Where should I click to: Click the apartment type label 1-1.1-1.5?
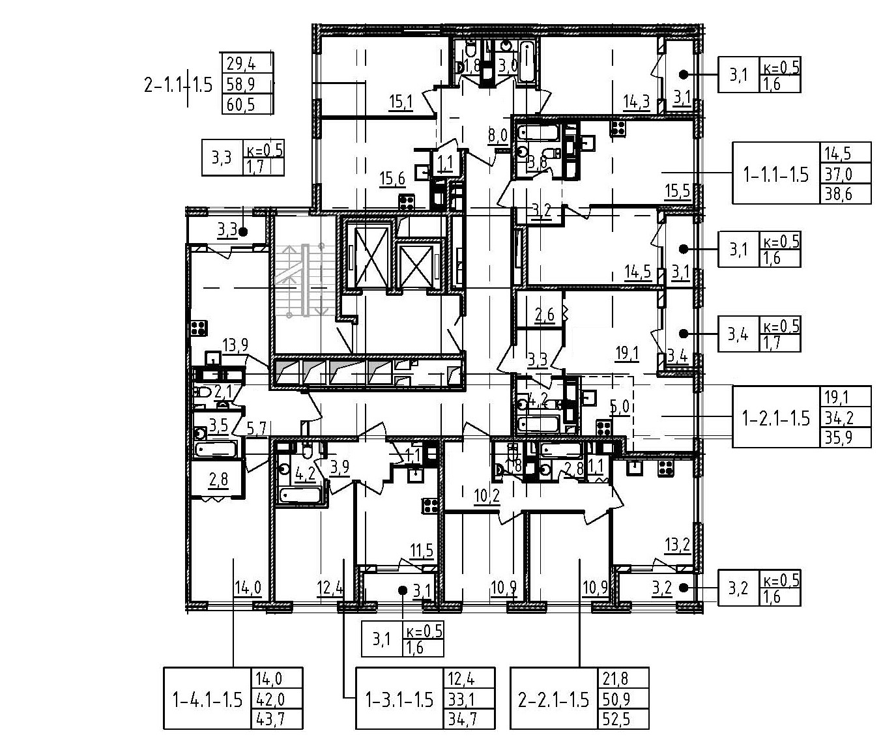775,174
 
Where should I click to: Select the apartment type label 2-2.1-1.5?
553,700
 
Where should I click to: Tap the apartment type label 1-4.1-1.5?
207,700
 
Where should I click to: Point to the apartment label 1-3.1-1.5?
399,700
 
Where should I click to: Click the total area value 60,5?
240,104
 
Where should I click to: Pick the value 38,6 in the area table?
838,194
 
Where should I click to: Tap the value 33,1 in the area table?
461,700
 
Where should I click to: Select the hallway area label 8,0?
497,136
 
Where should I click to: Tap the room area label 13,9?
235,345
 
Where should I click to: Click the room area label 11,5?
422,551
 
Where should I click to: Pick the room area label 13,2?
677,545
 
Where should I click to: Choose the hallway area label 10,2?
486,497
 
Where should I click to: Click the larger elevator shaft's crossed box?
369,255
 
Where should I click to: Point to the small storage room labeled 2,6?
544,315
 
